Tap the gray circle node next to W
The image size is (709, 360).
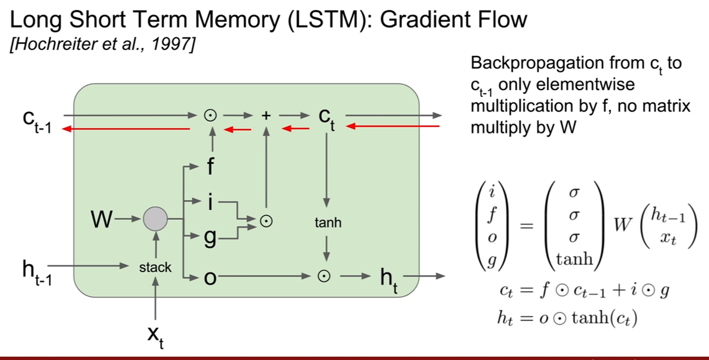tap(156, 219)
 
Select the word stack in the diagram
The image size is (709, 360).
tap(155, 267)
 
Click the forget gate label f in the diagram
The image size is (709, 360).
tap(210, 166)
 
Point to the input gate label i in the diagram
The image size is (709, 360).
tap(210, 202)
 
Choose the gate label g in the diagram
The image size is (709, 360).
tap(210, 238)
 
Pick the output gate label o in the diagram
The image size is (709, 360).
tap(210, 278)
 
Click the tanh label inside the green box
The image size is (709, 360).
tap(328, 223)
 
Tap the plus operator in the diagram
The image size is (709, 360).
tap(267, 115)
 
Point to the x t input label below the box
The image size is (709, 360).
tap(156, 337)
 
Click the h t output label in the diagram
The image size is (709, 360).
tap(389, 280)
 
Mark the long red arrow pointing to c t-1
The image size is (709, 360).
tap(126, 129)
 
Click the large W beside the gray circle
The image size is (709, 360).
tap(101, 219)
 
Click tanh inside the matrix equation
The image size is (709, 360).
tap(574, 259)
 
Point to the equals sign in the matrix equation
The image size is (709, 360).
tap(527, 226)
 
